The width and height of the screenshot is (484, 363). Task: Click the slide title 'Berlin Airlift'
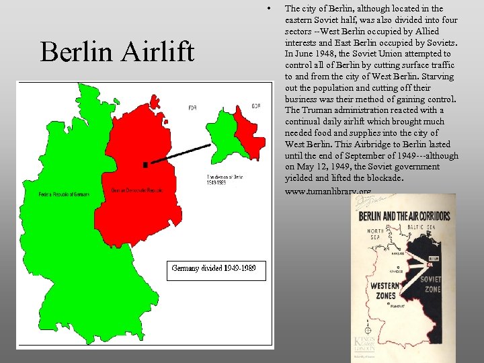pos(117,52)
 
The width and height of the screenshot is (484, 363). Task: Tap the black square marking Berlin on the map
pos(145,164)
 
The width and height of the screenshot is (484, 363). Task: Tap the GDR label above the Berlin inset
pos(256,106)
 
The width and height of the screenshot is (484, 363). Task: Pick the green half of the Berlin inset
pos(222,128)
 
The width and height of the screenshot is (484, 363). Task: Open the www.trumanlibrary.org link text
pos(327,192)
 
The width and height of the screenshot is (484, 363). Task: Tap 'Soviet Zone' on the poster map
pos(431,283)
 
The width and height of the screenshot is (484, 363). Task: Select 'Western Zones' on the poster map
pos(386,290)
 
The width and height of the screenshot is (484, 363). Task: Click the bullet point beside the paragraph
pos(268,9)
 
